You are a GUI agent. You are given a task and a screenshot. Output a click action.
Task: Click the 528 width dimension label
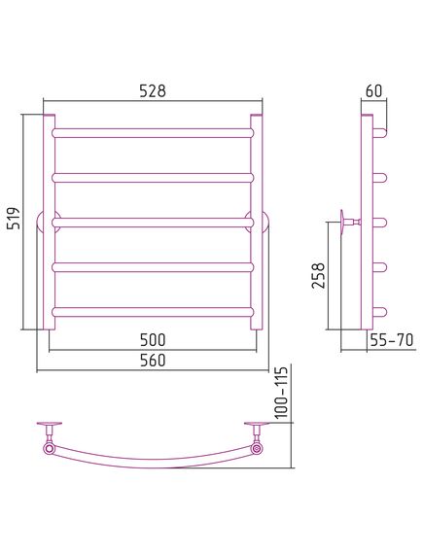(153, 91)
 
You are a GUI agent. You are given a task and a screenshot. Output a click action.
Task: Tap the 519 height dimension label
(15, 219)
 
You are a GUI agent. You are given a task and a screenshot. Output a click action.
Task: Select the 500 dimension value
(153, 340)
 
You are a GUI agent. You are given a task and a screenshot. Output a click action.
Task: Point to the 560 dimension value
(153, 361)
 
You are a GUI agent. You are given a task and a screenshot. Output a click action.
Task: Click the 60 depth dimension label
(374, 91)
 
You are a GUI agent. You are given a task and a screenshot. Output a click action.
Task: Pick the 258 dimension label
(318, 275)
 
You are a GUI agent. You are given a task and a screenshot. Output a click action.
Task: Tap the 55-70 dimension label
(392, 340)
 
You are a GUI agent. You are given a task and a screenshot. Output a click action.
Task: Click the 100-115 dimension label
(282, 393)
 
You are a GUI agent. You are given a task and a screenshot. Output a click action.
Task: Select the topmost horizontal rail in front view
(153, 132)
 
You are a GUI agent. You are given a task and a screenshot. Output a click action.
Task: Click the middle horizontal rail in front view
(153, 223)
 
